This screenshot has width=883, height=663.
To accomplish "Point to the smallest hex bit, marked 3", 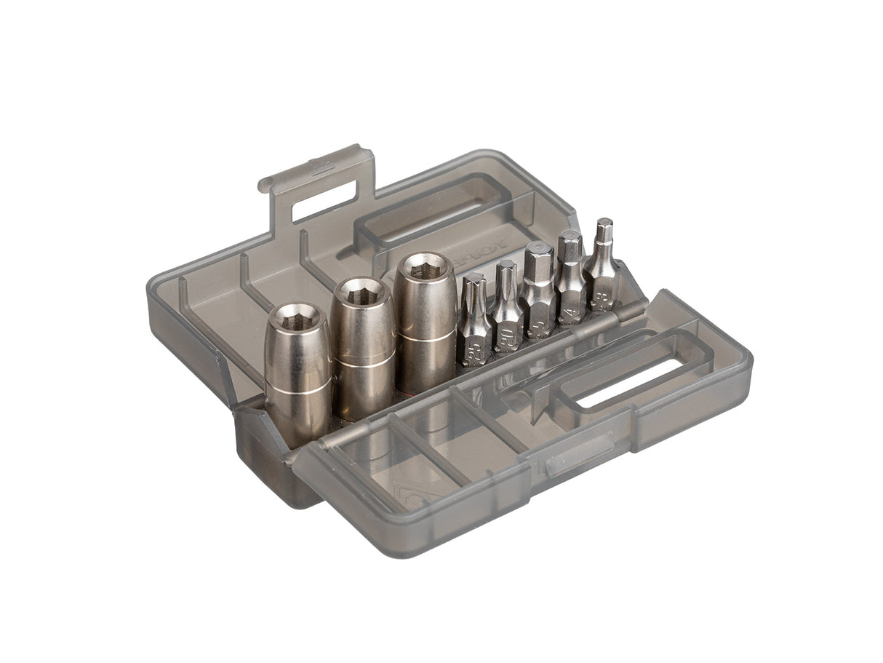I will (603, 266).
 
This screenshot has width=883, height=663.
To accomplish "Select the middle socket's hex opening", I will (361, 293).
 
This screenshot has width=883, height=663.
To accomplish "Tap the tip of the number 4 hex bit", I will (569, 236).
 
